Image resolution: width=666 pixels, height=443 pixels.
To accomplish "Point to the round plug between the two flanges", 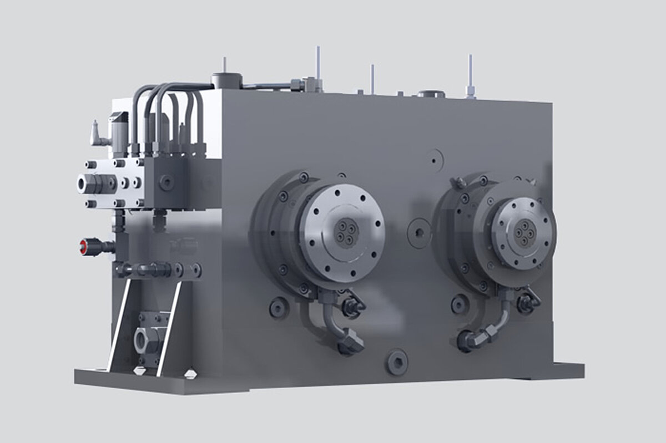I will coord(420,230).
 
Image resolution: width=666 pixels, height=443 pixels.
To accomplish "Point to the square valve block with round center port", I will coord(165,180).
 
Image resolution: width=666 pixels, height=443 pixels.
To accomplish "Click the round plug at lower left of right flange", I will coord(458,304).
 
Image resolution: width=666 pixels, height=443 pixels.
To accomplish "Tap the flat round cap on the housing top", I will coord(431,94).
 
